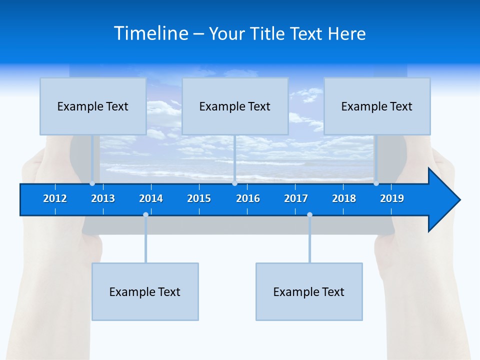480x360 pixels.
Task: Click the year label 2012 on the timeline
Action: (x=55, y=198)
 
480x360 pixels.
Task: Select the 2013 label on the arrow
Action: (x=103, y=198)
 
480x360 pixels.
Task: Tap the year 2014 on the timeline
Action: (x=151, y=198)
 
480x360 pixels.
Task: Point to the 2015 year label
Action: (x=199, y=198)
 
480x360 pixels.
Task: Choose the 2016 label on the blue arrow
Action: (x=248, y=198)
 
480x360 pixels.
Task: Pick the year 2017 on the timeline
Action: (x=296, y=198)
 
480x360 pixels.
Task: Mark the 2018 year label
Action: (x=344, y=198)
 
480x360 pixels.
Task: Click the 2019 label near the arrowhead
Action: (x=392, y=198)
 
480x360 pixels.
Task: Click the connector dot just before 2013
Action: (x=92, y=183)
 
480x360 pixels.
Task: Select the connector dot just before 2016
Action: (x=234, y=183)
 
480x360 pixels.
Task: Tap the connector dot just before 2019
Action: (x=376, y=183)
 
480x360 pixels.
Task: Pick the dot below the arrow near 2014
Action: (x=145, y=215)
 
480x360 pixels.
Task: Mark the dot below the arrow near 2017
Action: (x=309, y=215)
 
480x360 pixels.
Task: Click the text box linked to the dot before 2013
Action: (x=93, y=106)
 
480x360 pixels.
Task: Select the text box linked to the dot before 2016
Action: (x=235, y=106)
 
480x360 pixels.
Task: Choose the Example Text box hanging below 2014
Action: (x=145, y=291)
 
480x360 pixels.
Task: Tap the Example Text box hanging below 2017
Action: (x=309, y=291)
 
